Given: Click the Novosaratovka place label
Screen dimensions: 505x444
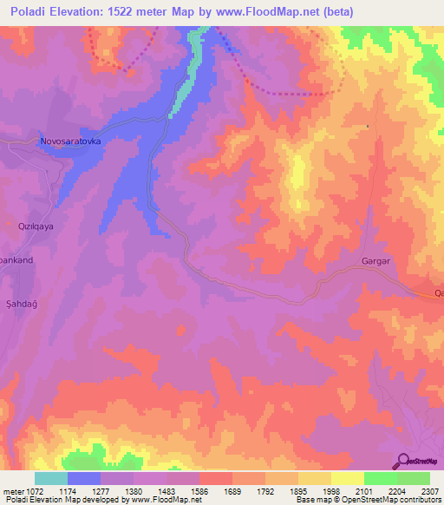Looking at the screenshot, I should tap(71, 140).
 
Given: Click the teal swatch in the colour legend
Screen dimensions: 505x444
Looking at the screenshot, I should tap(51, 478).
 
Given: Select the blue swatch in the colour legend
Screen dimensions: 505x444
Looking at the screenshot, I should tap(84, 478).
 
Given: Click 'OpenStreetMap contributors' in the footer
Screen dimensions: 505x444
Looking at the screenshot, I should tap(390, 500).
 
